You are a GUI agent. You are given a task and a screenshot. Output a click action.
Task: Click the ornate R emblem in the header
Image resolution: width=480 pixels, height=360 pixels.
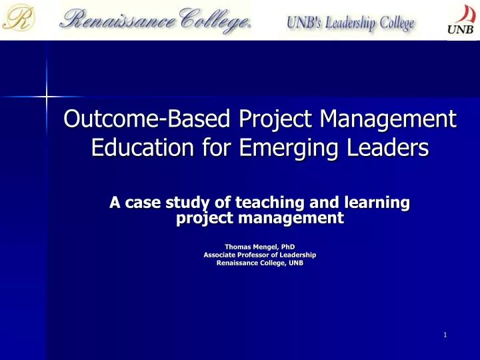click(19, 19)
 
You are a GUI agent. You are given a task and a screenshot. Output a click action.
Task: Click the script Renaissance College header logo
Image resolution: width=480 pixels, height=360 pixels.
click(155, 19)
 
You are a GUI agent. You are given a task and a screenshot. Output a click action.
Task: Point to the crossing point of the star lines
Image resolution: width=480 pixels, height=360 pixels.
click(47, 97)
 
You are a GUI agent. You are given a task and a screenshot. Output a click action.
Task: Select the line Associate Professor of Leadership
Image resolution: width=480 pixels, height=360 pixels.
click(259, 255)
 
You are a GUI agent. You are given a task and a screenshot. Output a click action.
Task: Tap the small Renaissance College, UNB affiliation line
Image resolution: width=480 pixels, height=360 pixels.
click(259, 263)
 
